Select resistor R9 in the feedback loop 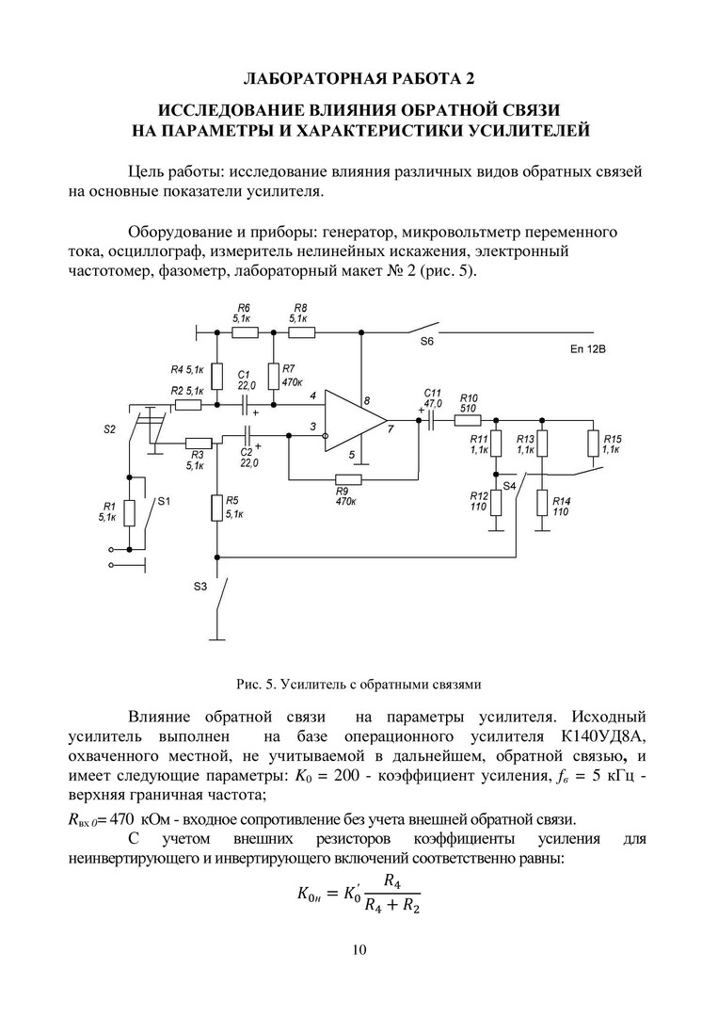(x=347, y=478)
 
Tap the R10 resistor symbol (x=469, y=419)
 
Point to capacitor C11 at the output (x=431, y=419)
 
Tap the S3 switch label (x=199, y=587)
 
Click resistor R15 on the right (x=593, y=443)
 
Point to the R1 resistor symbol (x=130, y=514)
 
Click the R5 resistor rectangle (x=216, y=508)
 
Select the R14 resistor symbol (x=542, y=503)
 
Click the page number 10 (x=359, y=949)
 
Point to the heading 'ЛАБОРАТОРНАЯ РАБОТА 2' (x=359, y=76)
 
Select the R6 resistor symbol (x=245, y=331)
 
